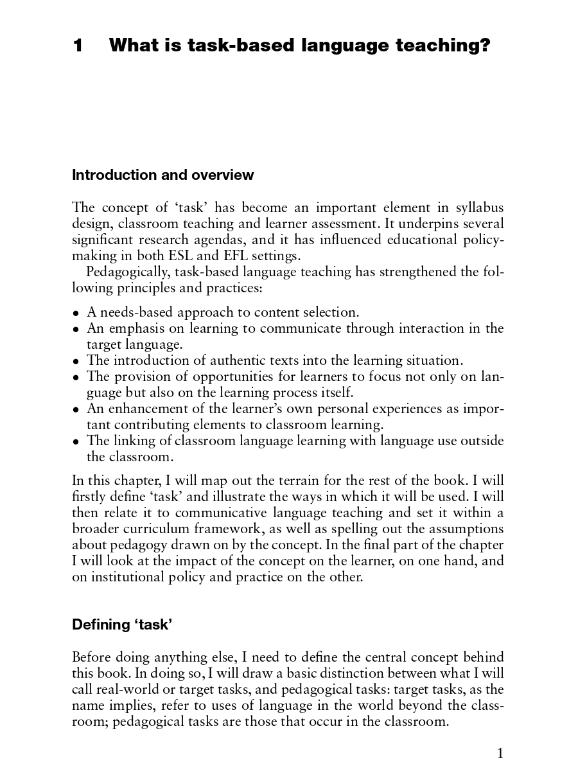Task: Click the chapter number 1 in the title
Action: point(78,46)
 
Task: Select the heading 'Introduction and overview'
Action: point(162,175)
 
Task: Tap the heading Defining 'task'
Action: point(122,624)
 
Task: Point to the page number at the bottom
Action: point(500,753)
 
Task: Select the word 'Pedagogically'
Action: point(128,272)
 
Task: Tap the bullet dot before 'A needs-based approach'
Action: point(76,313)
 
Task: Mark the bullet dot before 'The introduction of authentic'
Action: point(76,362)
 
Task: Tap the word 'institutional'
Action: point(123,577)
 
